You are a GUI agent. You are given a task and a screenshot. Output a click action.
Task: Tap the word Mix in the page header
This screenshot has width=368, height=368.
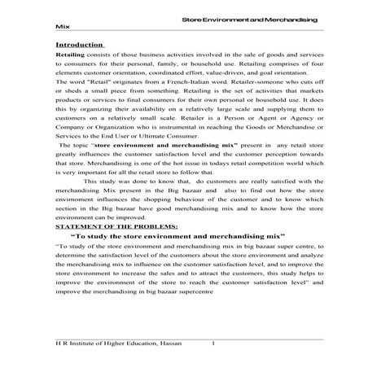click(x=60, y=24)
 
